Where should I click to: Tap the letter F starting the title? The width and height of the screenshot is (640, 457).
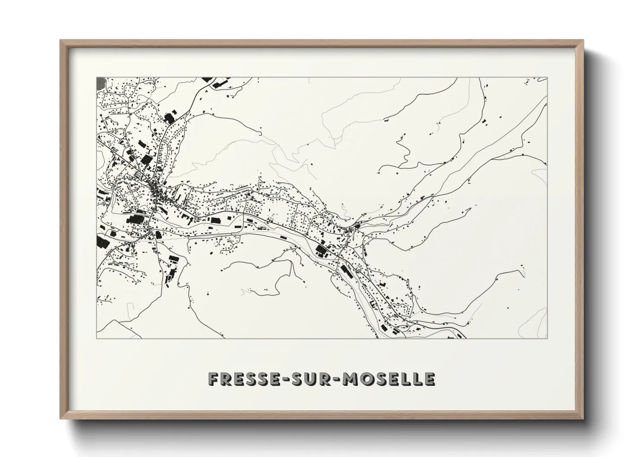coord(213,379)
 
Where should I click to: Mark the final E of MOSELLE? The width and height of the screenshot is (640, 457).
coord(429,379)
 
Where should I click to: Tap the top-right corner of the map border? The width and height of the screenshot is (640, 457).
coord(547,78)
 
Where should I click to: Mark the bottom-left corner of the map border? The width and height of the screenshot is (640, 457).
coord(96,338)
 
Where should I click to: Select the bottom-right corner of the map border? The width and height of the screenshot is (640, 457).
coord(547,338)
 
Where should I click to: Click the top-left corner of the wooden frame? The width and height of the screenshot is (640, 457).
coord(60,40)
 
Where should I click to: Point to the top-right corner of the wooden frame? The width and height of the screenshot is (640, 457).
coord(583,40)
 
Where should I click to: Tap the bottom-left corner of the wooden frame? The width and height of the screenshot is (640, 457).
coord(60,419)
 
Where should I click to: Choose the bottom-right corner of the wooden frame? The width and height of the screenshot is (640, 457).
coord(583,419)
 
